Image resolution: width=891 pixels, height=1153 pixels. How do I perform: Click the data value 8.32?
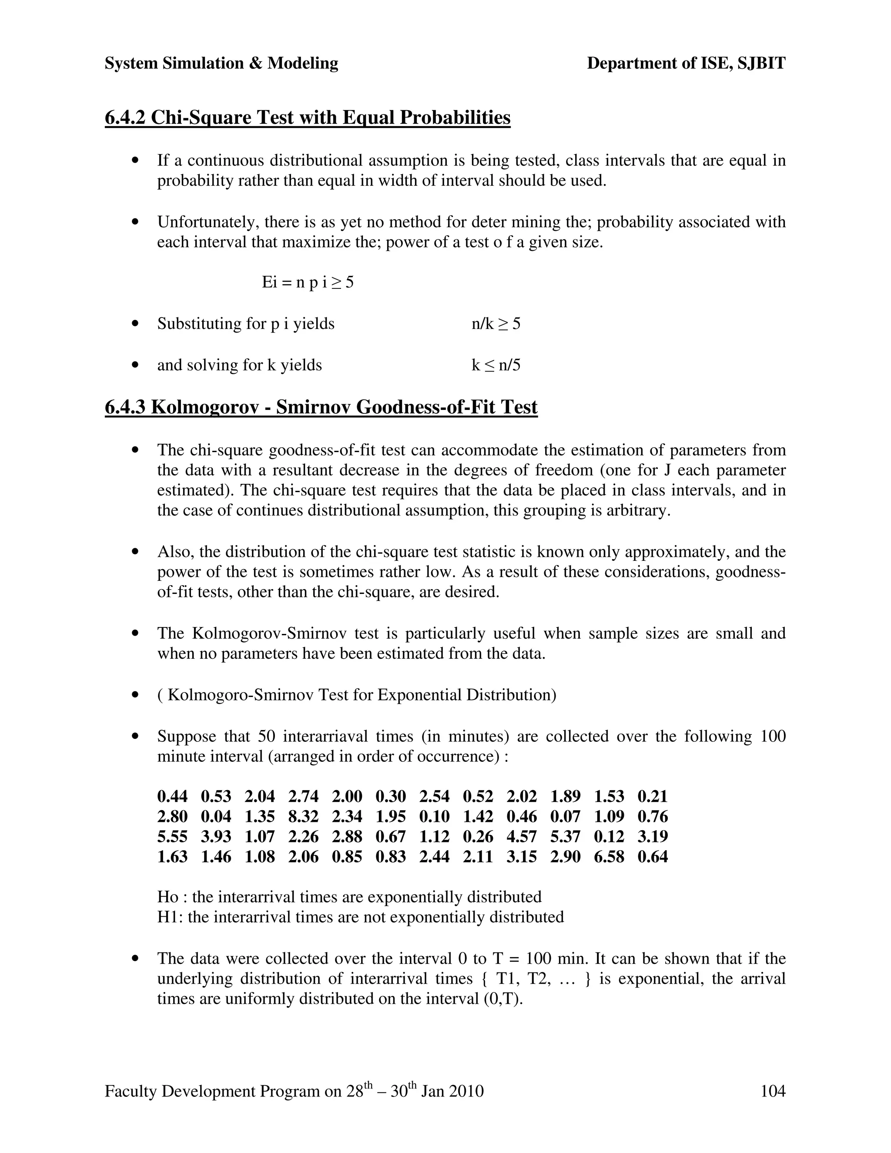click(303, 817)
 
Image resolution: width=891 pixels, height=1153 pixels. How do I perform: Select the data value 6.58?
click(609, 857)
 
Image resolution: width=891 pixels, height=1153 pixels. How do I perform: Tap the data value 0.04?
click(216, 817)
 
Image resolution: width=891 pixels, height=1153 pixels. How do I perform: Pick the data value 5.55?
click(172, 837)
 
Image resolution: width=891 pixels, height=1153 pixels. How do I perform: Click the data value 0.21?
click(653, 797)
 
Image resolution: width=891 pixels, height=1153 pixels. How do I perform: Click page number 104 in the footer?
click(772, 1091)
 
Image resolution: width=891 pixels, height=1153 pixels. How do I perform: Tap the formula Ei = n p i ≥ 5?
click(308, 282)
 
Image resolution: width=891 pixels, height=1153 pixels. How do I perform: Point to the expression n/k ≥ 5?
click(496, 324)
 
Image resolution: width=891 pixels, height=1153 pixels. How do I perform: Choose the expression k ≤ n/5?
click(496, 365)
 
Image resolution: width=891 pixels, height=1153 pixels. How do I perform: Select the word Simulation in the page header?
click(203, 64)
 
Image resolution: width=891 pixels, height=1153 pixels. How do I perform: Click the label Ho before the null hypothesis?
click(167, 897)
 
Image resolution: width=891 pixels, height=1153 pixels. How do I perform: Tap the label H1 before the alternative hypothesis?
click(169, 917)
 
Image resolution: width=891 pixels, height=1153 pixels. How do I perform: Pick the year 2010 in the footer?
click(466, 1091)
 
